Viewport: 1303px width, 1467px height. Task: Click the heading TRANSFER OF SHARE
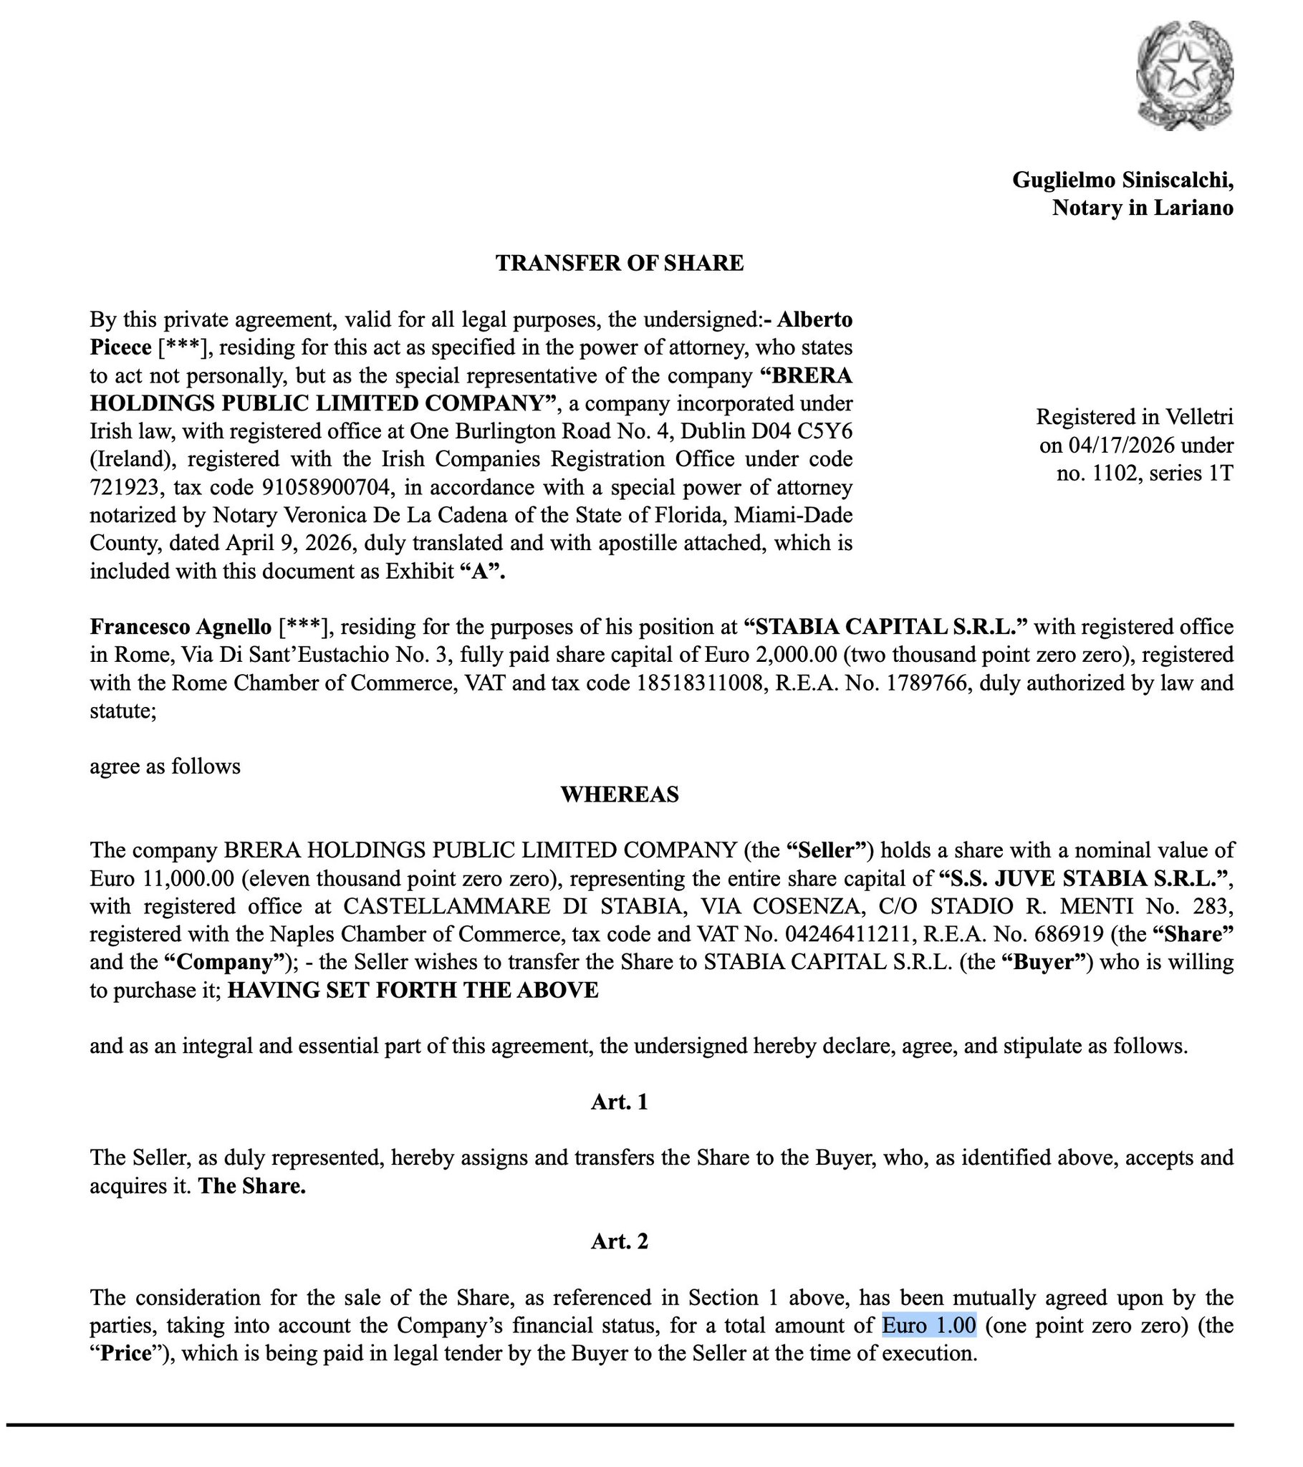click(x=620, y=264)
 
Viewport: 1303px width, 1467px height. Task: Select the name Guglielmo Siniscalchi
click(x=1122, y=179)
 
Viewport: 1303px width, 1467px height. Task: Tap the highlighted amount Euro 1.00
click(x=929, y=1326)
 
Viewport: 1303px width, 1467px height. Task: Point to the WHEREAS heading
click(x=620, y=794)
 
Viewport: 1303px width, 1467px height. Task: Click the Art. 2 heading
click(x=620, y=1241)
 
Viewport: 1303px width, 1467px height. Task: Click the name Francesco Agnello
click(x=181, y=627)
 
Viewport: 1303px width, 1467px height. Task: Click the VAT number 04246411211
click(x=852, y=935)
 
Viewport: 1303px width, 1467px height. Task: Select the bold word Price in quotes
click(x=126, y=1355)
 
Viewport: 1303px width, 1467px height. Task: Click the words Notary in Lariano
click(x=1143, y=208)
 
